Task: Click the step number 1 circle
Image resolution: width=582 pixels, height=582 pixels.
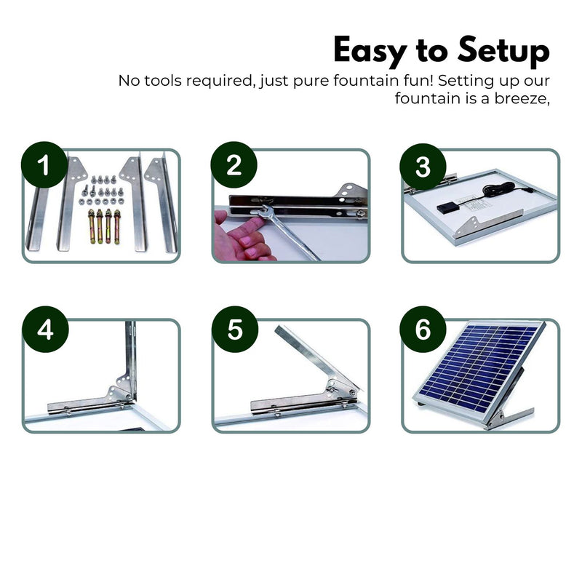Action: coord(44,164)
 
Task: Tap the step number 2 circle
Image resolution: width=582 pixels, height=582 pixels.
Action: coord(234,164)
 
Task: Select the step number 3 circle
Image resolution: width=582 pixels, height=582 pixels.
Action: coord(423,167)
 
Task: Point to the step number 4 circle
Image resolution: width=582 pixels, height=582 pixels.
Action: coord(45,330)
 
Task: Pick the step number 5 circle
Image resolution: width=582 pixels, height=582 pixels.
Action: coord(234,330)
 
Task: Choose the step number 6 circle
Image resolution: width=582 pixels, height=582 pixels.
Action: coord(423,330)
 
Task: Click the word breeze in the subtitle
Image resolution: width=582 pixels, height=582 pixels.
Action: coord(522,98)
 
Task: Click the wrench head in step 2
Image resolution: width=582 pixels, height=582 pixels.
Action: coord(266,211)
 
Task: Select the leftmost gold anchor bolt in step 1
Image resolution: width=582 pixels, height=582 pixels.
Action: coord(92,226)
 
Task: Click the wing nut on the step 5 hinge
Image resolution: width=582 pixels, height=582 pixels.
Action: coord(330,390)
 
